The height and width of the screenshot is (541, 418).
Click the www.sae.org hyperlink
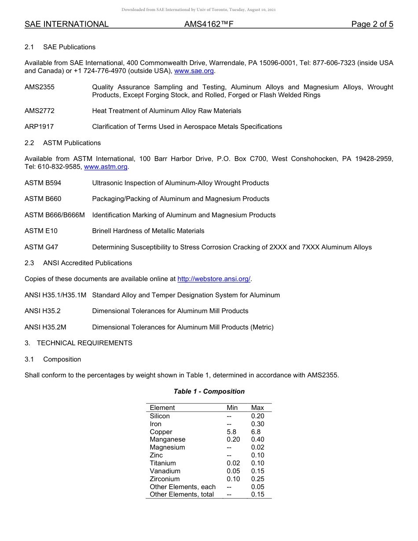(x=194, y=71)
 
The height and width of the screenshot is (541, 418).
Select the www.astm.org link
(x=106, y=167)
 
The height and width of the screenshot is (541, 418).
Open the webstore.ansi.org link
(x=214, y=279)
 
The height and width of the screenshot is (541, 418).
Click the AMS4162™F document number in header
(x=209, y=24)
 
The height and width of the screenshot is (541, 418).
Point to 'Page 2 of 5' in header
(x=372, y=24)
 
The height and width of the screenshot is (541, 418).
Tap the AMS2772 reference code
(x=40, y=111)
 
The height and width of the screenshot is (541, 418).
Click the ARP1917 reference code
(x=39, y=127)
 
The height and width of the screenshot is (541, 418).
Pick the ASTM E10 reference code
(x=41, y=231)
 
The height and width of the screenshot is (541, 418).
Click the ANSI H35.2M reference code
(x=45, y=327)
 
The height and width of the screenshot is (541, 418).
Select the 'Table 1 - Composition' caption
(x=209, y=391)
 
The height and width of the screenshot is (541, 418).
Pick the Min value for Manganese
(x=233, y=439)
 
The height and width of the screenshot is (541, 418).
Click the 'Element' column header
(x=162, y=408)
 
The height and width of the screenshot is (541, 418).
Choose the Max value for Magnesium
(x=257, y=447)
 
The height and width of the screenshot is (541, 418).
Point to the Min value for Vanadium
(x=233, y=471)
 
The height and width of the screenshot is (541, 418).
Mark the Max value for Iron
(x=257, y=424)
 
